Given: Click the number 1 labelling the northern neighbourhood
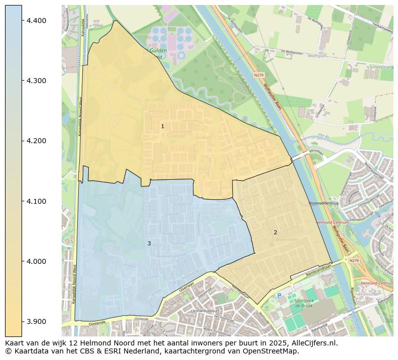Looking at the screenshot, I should coord(162,126).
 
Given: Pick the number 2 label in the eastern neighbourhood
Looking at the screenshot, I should coord(275,232).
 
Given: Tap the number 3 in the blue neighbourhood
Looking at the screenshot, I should coord(149,243).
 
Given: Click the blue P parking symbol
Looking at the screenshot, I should coord(279,296).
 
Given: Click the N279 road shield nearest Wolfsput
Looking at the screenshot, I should coord(259,75).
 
